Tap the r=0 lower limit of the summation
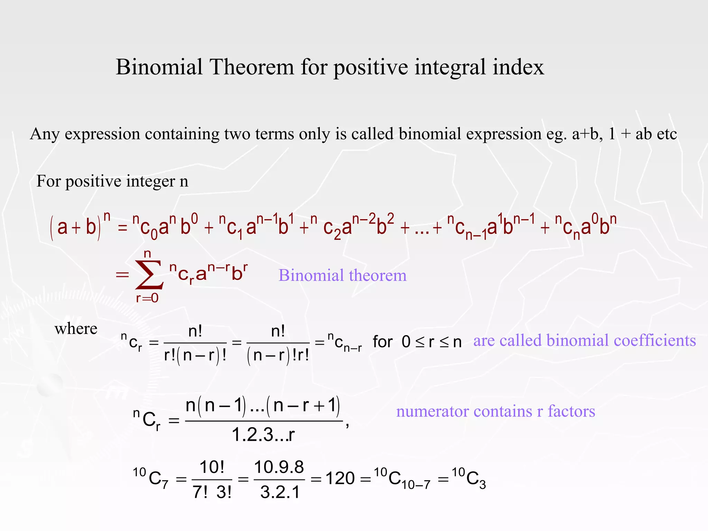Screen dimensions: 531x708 pyautogui.click(x=147, y=298)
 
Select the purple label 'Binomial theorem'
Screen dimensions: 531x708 pyautogui.click(x=342, y=276)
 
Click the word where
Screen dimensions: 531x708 pyautogui.click(x=76, y=328)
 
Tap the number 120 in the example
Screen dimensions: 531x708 pyautogui.click(x=340, y=479)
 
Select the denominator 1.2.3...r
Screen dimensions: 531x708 pyautogui.click(x=263, y=435)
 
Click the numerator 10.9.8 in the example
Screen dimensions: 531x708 pyautogui.click(x=279, y=467)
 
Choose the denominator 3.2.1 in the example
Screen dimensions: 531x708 pyautogui.click(x=280, y=492)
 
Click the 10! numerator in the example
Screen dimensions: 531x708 pyautogui.click(x=212, y=467)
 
